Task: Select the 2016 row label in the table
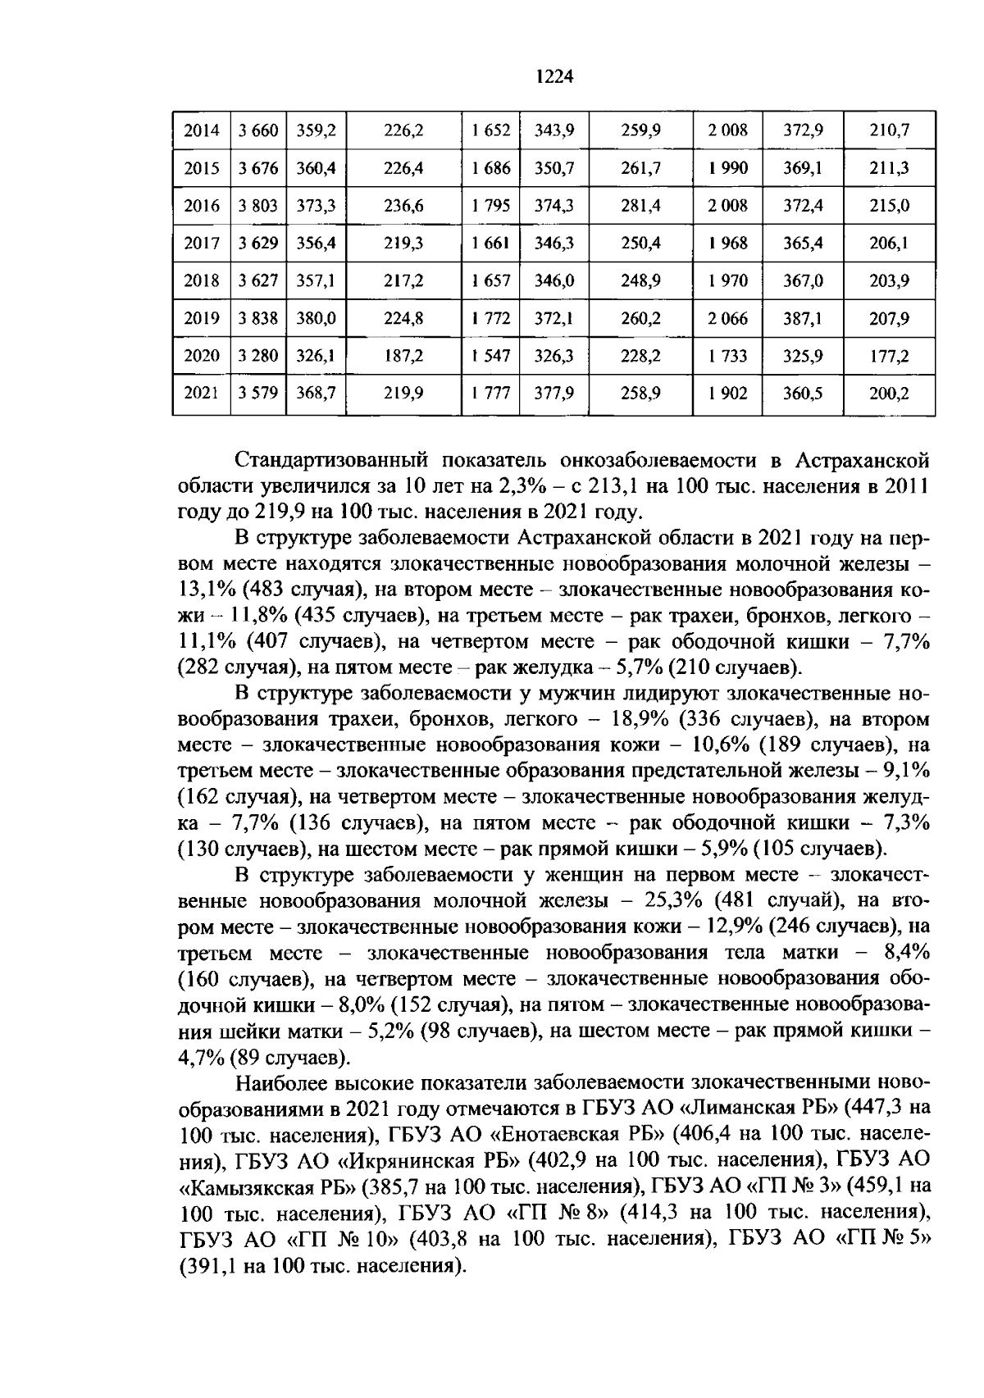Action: click(202, 206)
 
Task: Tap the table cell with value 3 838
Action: click(258, 318)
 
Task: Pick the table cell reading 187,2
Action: click(403, 356)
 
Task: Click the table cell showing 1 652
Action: click(491, 130)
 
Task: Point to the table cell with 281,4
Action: click(640, 206)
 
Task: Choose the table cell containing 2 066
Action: click(727, 318)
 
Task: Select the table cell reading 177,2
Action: click(889, 356)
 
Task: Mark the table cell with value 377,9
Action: click(554, 394)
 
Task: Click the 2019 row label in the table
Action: click(202, 318)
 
